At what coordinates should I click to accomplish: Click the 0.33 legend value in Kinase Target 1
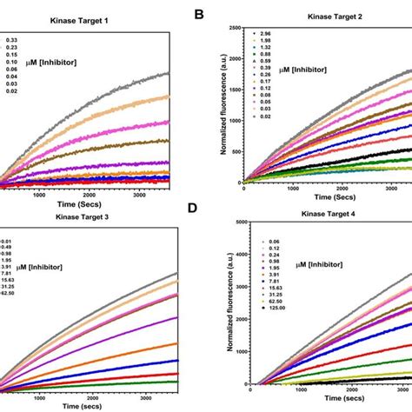coord(14,40)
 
